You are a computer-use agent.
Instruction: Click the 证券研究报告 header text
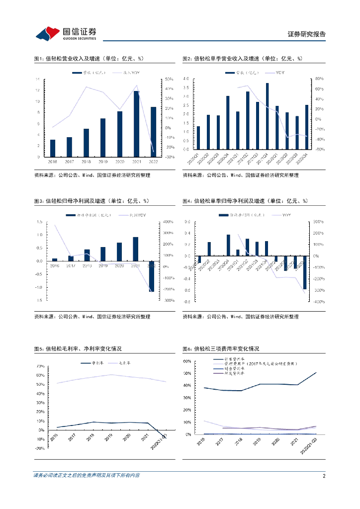tap(307, 34)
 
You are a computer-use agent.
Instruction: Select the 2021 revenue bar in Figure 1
tap(136, 123)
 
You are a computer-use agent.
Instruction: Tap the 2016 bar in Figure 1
tap(53, 148)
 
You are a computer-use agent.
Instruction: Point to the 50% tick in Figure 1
tap(169, 80)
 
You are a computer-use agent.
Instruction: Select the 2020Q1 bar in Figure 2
tap(198, 138)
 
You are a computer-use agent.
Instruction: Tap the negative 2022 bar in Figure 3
tap(151, 276)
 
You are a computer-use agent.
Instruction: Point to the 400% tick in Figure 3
tap(168, 222)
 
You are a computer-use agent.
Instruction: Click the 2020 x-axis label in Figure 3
tap(119, 266)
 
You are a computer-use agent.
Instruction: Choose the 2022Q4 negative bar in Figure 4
tap(304, 272)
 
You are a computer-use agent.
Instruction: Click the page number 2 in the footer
tap(324, 476)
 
